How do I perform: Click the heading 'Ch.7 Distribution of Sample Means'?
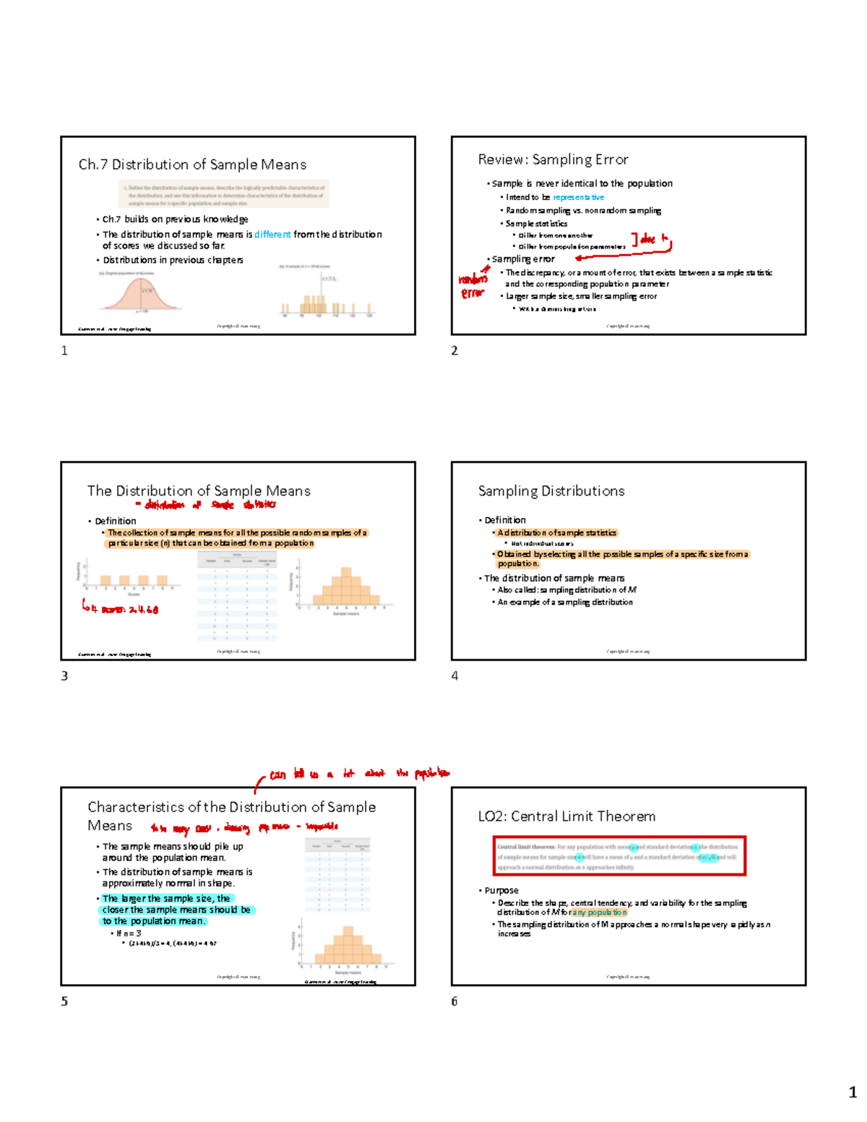[x=192, y=165]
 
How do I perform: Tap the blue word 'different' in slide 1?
[x=272, y=234]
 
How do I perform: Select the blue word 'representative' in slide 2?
[x=578, y=197]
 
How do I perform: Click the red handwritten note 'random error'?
[x=473, y=286]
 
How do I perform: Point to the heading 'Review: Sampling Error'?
[x=553, y=160]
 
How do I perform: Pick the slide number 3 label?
[x=64, y=676]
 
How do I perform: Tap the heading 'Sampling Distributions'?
[x=551, y=491]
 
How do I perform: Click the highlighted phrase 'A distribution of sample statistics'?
[x=556, y=533]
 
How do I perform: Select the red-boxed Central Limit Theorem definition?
[x=619, y=856]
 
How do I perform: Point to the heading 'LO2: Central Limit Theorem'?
[x=566, y=816]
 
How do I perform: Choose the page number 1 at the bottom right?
[x=853, y=1092]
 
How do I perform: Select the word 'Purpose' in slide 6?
[x=501, y=890]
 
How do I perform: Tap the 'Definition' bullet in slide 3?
[x=115, y=521]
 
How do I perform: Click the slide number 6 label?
[x=454, y=1001]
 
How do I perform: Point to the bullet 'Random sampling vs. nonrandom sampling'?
[x=583, y=210]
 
